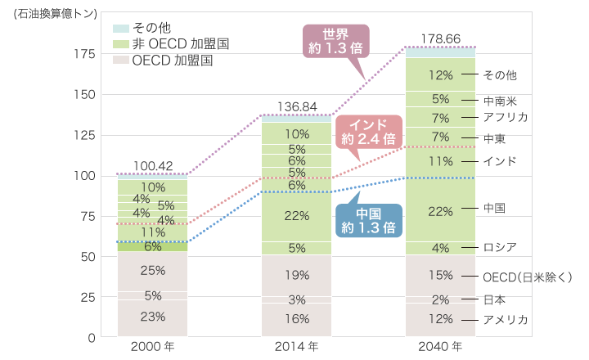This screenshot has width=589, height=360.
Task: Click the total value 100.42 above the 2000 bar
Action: (152, 166)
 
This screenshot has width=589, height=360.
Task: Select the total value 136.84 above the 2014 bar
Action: (297, 106)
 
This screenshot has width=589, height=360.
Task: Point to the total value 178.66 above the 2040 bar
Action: (440, 38)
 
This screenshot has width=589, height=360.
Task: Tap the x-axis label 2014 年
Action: (297, 347)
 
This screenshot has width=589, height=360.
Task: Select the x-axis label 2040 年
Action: (440, 347)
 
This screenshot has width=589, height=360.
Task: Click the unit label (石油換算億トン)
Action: (50, 11)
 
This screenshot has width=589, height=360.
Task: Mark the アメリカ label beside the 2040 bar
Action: (505, 319)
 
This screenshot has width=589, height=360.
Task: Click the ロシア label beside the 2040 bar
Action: (499, 247)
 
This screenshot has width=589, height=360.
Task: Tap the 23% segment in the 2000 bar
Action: (152, 317)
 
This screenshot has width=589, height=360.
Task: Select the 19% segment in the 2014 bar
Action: (297, 275)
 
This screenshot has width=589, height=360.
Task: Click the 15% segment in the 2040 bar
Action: (440, 276)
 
